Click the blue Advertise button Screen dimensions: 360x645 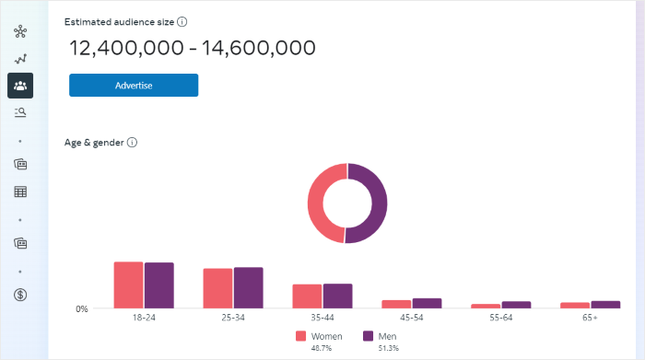click(x=134, y=86)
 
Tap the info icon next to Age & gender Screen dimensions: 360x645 click(x=132, y=143)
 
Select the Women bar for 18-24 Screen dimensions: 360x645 click(x=128, y=285)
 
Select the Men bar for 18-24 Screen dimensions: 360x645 click(x=158, y=285)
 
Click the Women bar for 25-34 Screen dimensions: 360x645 click(x=217, y=288)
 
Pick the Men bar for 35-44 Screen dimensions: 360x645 click(x=337, y=296)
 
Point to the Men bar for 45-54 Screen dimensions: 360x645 click(x=427, y=303)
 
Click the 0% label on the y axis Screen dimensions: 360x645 click(x=82, y=309)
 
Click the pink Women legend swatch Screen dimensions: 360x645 click(x=300, y=336)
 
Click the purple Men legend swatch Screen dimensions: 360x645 click(x=368, y=336)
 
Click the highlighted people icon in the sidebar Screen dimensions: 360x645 click(x=20, y=86)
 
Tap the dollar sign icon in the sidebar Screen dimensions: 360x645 click(x=20, y=295)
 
